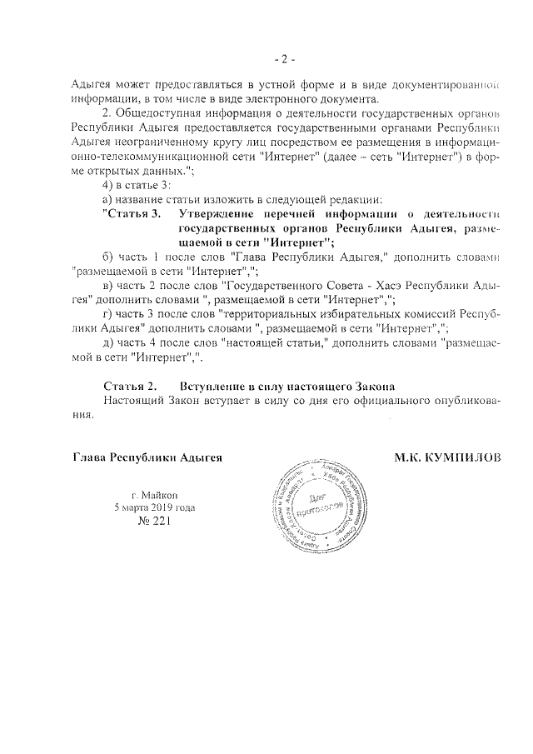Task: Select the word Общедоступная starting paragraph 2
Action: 164,112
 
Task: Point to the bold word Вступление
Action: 213,387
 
